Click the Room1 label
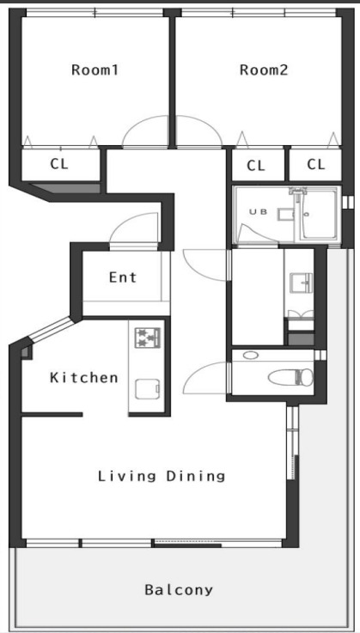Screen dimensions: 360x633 tap(95, 70)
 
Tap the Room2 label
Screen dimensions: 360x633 tap(264, 70)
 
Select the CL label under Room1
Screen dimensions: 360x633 tap(59, 164)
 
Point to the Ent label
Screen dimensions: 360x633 tap(123, 277)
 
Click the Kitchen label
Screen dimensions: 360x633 tap(84, 378)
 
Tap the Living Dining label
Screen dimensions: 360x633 tap(162, 476)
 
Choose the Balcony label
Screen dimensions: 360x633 tap(179, 590)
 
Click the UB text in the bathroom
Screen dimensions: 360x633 tap(258, 211)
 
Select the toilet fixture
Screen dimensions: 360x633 tap(290, 377)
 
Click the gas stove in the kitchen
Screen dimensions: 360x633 tap(148, 338)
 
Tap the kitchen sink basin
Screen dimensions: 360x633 tap(148, 389)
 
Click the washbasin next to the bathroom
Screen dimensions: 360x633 tap(301, 282)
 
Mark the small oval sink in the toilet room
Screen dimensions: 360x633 tap(251, 356)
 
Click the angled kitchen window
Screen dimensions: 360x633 tap(52, 329)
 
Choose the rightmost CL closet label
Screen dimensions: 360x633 tap(316, 164)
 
